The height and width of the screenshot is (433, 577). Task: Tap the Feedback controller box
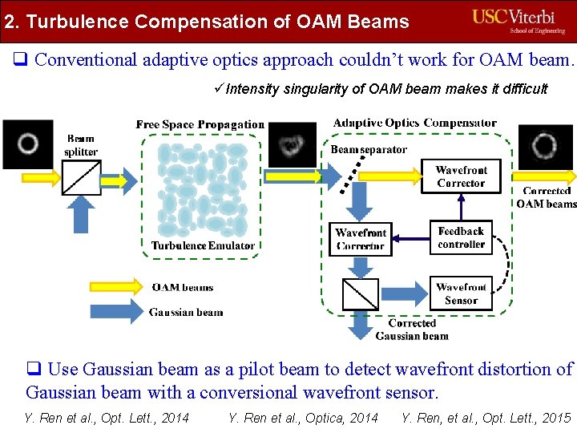(x=461, y=238)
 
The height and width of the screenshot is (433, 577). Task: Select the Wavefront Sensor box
(x=461, y=293)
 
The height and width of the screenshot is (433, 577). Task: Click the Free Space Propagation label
(x=200, y=124)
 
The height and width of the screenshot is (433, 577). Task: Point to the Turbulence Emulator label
(x=203, y=245)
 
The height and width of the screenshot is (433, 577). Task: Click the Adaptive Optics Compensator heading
(x=414, y=123)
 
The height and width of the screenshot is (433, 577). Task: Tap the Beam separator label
(x=369, y=149)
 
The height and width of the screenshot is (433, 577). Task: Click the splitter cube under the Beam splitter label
(x=82, y=178)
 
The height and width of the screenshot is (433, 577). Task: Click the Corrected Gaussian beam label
(x=412, y=330)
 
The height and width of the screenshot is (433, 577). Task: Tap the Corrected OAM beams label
(x=547, y=198)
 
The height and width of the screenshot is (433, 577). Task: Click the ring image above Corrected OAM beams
(x=545, y=147)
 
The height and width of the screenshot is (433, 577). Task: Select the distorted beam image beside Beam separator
(x=292, y=145)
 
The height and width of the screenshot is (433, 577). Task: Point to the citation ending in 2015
(x=486, y=417)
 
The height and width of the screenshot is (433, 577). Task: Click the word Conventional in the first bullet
(x=87, y=59)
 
